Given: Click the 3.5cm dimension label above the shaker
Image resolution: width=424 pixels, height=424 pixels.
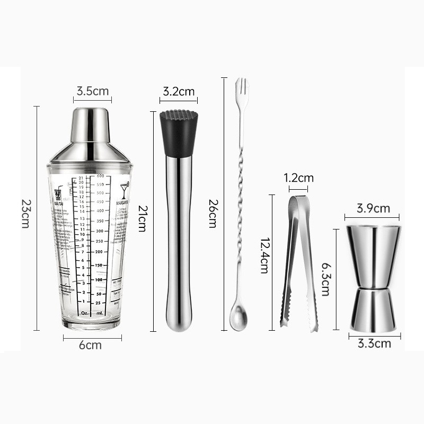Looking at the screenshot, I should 92,91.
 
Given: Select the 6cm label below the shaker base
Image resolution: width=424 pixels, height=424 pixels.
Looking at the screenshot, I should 91,346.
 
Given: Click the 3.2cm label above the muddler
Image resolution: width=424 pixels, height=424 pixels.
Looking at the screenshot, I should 178,91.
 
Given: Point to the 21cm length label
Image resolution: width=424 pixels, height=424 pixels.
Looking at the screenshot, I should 141,218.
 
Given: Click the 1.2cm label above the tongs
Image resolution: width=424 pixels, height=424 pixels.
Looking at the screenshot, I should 298,178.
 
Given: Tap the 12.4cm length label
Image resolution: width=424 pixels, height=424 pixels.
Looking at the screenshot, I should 263,254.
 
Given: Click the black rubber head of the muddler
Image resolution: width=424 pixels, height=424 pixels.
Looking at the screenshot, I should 178,132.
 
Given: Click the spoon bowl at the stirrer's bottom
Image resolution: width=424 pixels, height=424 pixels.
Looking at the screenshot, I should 236,322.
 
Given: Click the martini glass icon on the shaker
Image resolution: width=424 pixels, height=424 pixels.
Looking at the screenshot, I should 125,190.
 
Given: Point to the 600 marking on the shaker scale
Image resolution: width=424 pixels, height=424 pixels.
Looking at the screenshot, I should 100,176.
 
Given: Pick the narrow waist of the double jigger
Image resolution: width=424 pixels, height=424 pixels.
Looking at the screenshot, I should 373,287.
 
